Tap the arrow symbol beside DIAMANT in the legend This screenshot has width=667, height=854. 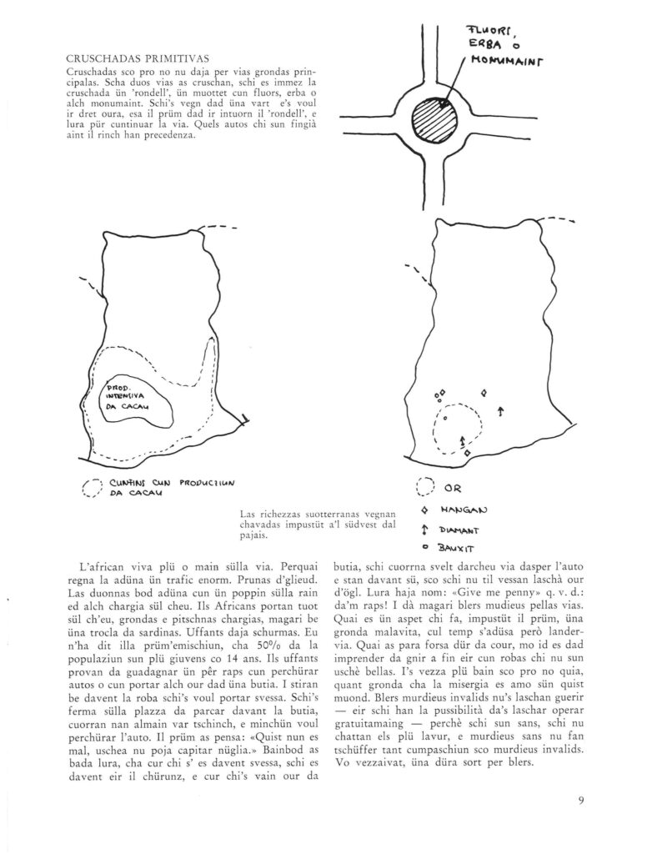pyautogui.click(x=425, y=529)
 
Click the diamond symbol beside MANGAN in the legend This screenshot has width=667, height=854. pyautogui.click(x=425, y=509)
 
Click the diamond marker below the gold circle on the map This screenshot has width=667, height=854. pyautogui.click(x=468, y=453)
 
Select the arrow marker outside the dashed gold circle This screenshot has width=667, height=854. pyautogui.click(x=500, y=410)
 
